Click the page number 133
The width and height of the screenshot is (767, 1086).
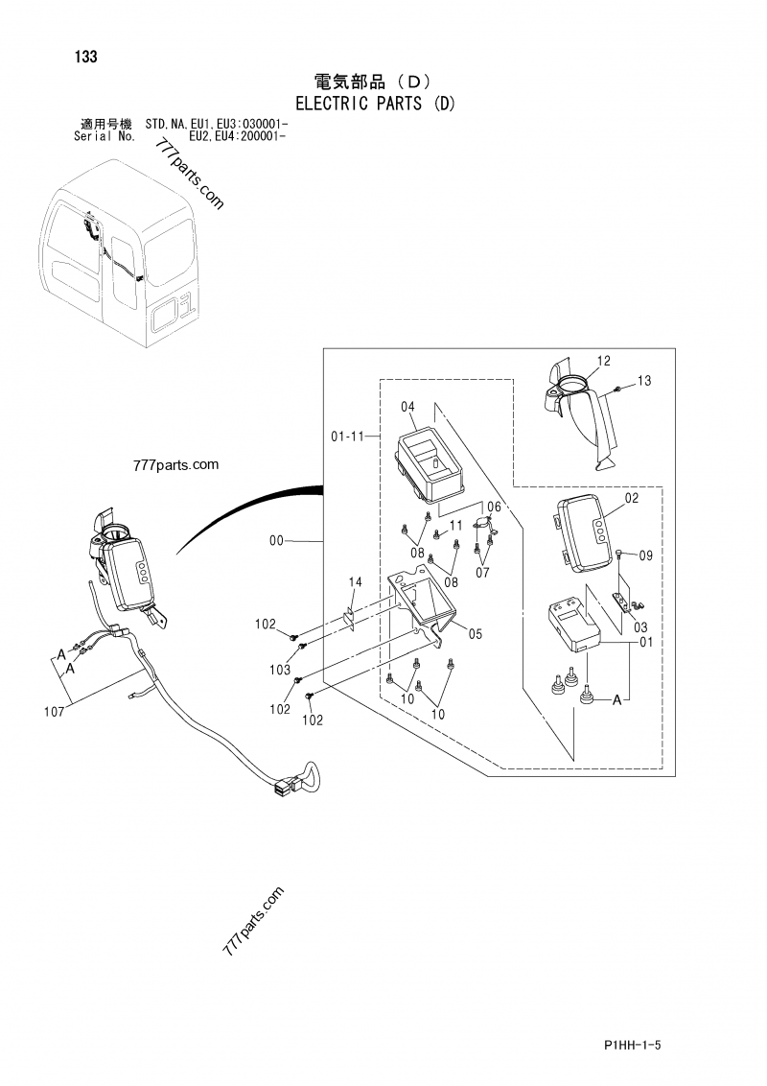pos(84,57)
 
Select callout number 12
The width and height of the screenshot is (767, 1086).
pos(603,361)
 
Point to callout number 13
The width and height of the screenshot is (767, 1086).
pos(643,381)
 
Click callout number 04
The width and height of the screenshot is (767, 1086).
pos(408,407)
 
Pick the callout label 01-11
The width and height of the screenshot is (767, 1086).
pos(347,437)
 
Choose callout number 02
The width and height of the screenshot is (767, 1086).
pos(631,498)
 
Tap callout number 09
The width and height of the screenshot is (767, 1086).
pos(645,555)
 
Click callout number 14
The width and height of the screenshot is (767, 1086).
pos(355,582)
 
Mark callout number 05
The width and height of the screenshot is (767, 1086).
pos(475,632)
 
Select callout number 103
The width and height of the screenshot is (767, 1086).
pos(280,669)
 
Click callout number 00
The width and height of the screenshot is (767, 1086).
pos(277,541)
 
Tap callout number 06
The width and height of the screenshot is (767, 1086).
pos(494,506)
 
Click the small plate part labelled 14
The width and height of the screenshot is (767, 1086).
pos(350,615)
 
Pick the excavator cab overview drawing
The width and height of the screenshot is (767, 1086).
pos(125,254)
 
